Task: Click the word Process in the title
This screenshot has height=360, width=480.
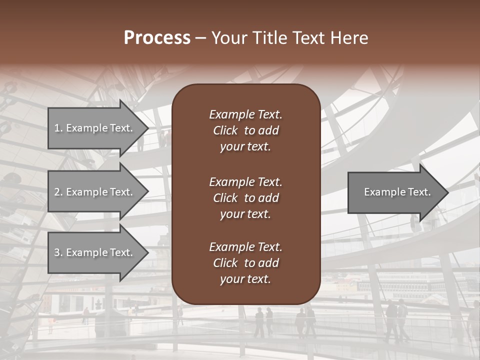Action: click(157, 38)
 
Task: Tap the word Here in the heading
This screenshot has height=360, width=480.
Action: click(349, 38)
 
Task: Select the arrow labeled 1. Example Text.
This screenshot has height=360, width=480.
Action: click(95, 128)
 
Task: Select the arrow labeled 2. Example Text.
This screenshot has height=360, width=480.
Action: click(95, 192)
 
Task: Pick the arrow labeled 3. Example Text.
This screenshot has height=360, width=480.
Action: click(95, 253)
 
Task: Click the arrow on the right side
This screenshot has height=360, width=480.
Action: click(395, 192)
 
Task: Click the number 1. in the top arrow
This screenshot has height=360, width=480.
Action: click(58, 128)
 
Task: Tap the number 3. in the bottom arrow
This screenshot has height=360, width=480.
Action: click(58, 253)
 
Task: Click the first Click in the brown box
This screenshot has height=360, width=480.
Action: click(225, 131)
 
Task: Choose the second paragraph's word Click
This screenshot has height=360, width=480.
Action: click(225, 198)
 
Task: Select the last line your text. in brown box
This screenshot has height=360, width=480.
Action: click(245, 279)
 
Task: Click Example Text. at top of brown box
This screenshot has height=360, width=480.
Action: click(245, 114)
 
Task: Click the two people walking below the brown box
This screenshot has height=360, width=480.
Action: click(263, 321)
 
